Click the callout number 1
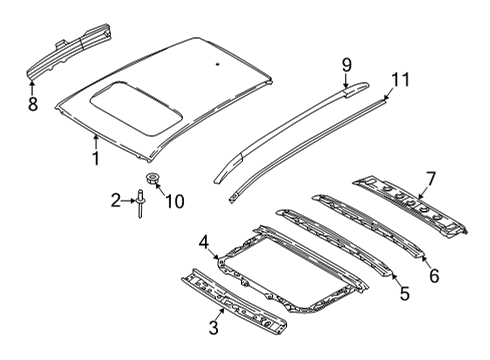click(x=95, y=157)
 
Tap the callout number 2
click(x=115, y=202)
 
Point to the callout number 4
click(x=203, y=240)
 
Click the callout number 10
click(x=175, y=202)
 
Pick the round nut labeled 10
click(x=152, y=181)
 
